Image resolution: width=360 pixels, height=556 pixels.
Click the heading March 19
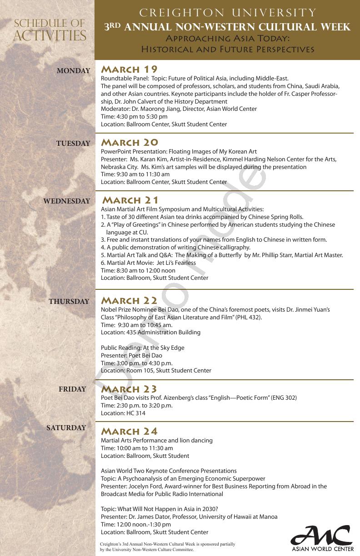coord(129,69)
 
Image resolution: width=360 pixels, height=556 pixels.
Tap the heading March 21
coord(131,200)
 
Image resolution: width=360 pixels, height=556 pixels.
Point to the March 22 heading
coord(129,300)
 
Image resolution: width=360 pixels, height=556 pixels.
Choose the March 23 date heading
coord(129,389)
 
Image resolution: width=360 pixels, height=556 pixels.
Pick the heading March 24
coord(129,431)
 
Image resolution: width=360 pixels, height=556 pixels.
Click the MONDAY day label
coord(73,71)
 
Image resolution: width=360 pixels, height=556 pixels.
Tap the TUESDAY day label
coord(73,144)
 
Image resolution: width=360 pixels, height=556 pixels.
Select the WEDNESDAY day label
coord(67,201)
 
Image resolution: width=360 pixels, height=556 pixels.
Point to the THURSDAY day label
coord(69,302)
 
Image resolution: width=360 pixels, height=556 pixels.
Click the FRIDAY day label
coord(72,389)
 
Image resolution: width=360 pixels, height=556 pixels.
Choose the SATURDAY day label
coord(66,428)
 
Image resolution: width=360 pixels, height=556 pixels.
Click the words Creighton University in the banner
coord(227,13)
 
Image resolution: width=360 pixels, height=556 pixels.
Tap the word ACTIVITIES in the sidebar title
coord(50,35)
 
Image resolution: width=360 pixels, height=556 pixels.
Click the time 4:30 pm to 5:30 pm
coord(141,117)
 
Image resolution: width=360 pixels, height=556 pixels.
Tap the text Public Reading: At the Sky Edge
coord(143,347)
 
